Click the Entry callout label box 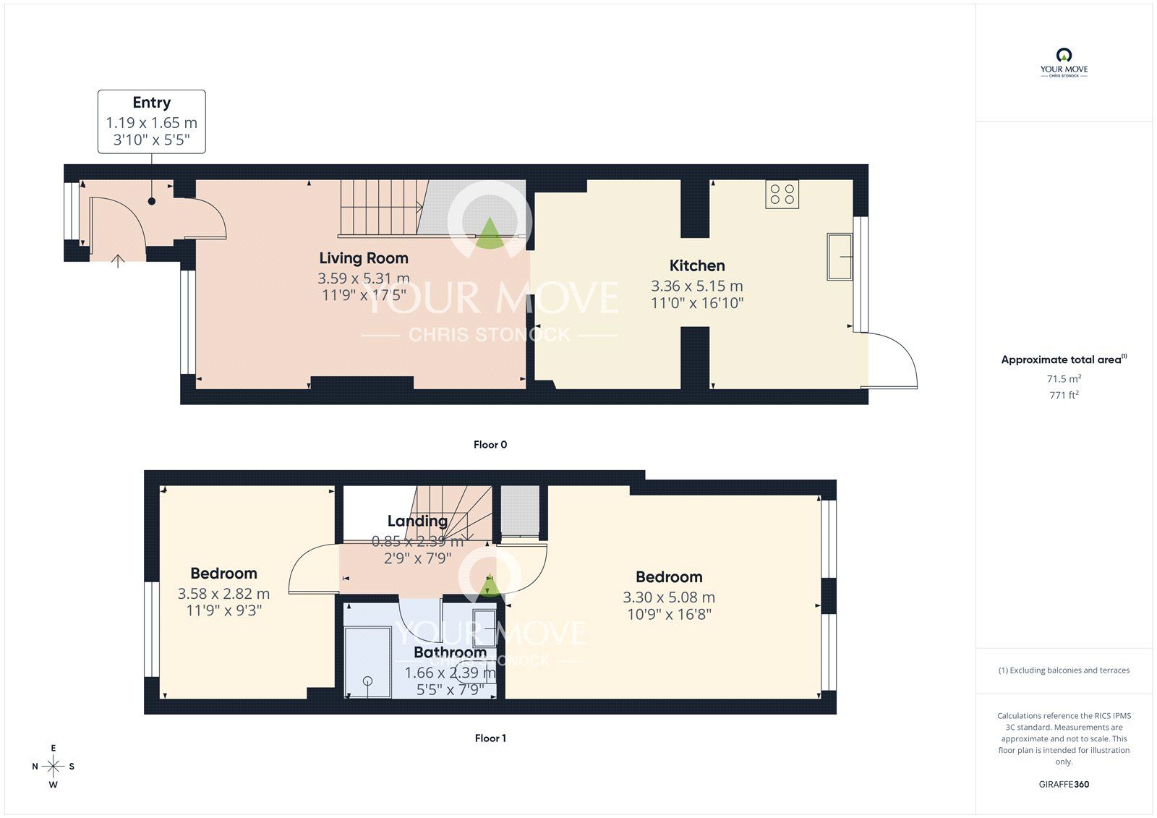coord(151,122)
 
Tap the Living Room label coord(364,258)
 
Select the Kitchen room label coord(696,265)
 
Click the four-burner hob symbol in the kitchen coord(782,195)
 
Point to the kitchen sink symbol coord(840,256)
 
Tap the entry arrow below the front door coord(117,260)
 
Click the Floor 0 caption coord(490,445)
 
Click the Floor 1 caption coord(490,738)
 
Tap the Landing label coord(417,521)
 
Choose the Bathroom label coord(450,652)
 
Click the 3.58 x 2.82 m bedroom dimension coord(223,594)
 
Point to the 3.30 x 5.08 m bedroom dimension coord(669,597)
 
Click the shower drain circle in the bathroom coord(367,681)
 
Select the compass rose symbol coord(53,766)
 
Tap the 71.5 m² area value coord(1064,379)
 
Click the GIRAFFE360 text coord(1064,784)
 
